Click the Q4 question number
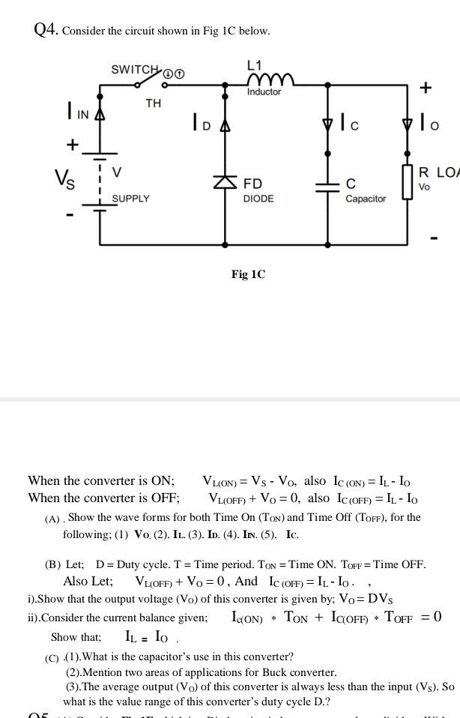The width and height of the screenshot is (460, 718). click(x=46, y=30)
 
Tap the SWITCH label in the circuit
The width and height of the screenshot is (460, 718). click(x=136, y=70)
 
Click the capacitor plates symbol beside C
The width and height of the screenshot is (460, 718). click(x=327, y=185)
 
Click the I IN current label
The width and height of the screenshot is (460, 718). click(x=76, y=113)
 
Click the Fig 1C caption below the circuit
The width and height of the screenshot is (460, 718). click(x=248, y=274)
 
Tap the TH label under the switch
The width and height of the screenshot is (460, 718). click(x=153, y=103)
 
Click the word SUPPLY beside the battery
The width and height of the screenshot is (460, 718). click(x=130, y=199)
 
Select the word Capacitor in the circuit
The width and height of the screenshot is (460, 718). click(x=366, y=199)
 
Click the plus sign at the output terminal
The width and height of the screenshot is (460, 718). click(x=426, y=88)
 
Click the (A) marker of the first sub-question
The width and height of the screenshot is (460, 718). click(x=52, y=518)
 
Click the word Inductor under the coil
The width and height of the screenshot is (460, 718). click(x=264, y=92)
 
